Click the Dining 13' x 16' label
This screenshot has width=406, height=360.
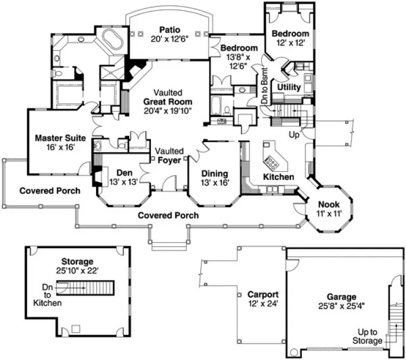pos(214,173)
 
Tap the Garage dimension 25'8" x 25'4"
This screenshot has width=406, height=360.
pos(341,305)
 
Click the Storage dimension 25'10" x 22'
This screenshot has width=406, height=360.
pos(77,270)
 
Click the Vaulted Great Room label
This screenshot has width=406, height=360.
pos(167,101)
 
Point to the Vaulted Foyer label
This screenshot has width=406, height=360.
pos(169,156)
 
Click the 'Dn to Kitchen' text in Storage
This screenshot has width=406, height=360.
pos(50,295)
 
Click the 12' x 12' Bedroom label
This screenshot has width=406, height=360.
pos(290,37)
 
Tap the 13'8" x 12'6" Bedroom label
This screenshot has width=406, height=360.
pos(239,57)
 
